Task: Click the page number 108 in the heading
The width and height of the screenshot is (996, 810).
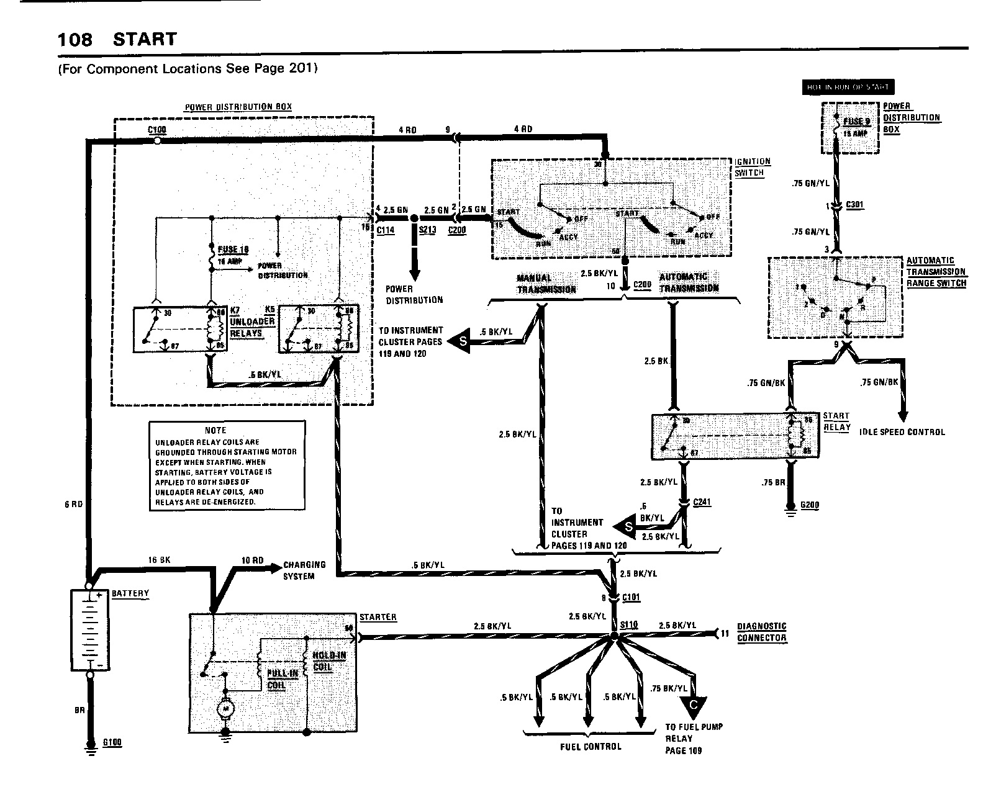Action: point(75,40)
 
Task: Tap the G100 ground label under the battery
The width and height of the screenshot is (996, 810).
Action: point(113,742)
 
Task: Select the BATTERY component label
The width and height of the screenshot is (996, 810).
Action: point(130,593)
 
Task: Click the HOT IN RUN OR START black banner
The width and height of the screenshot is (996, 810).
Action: point(848,88)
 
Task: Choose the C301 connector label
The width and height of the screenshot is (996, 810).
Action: point(854,205)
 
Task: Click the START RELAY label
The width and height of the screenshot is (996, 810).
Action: point(836,421)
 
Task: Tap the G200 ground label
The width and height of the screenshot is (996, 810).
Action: point(810,505)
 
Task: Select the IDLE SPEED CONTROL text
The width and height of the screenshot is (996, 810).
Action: point(902,432)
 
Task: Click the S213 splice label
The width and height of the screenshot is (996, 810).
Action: point(427,230)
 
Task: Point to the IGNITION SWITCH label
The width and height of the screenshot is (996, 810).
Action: point(753,167)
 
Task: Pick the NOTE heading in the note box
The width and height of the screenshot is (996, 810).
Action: point(215,430)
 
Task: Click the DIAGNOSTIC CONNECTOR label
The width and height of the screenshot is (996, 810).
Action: point(762,632)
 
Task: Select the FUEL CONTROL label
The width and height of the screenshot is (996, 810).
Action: point(590,746)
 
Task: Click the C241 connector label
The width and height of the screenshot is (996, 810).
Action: point(702,502)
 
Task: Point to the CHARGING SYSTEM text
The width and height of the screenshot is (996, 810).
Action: point(304,570)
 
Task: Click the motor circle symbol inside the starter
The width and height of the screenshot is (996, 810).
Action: point(224,707)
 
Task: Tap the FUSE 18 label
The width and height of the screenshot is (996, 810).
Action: point(233,250)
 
